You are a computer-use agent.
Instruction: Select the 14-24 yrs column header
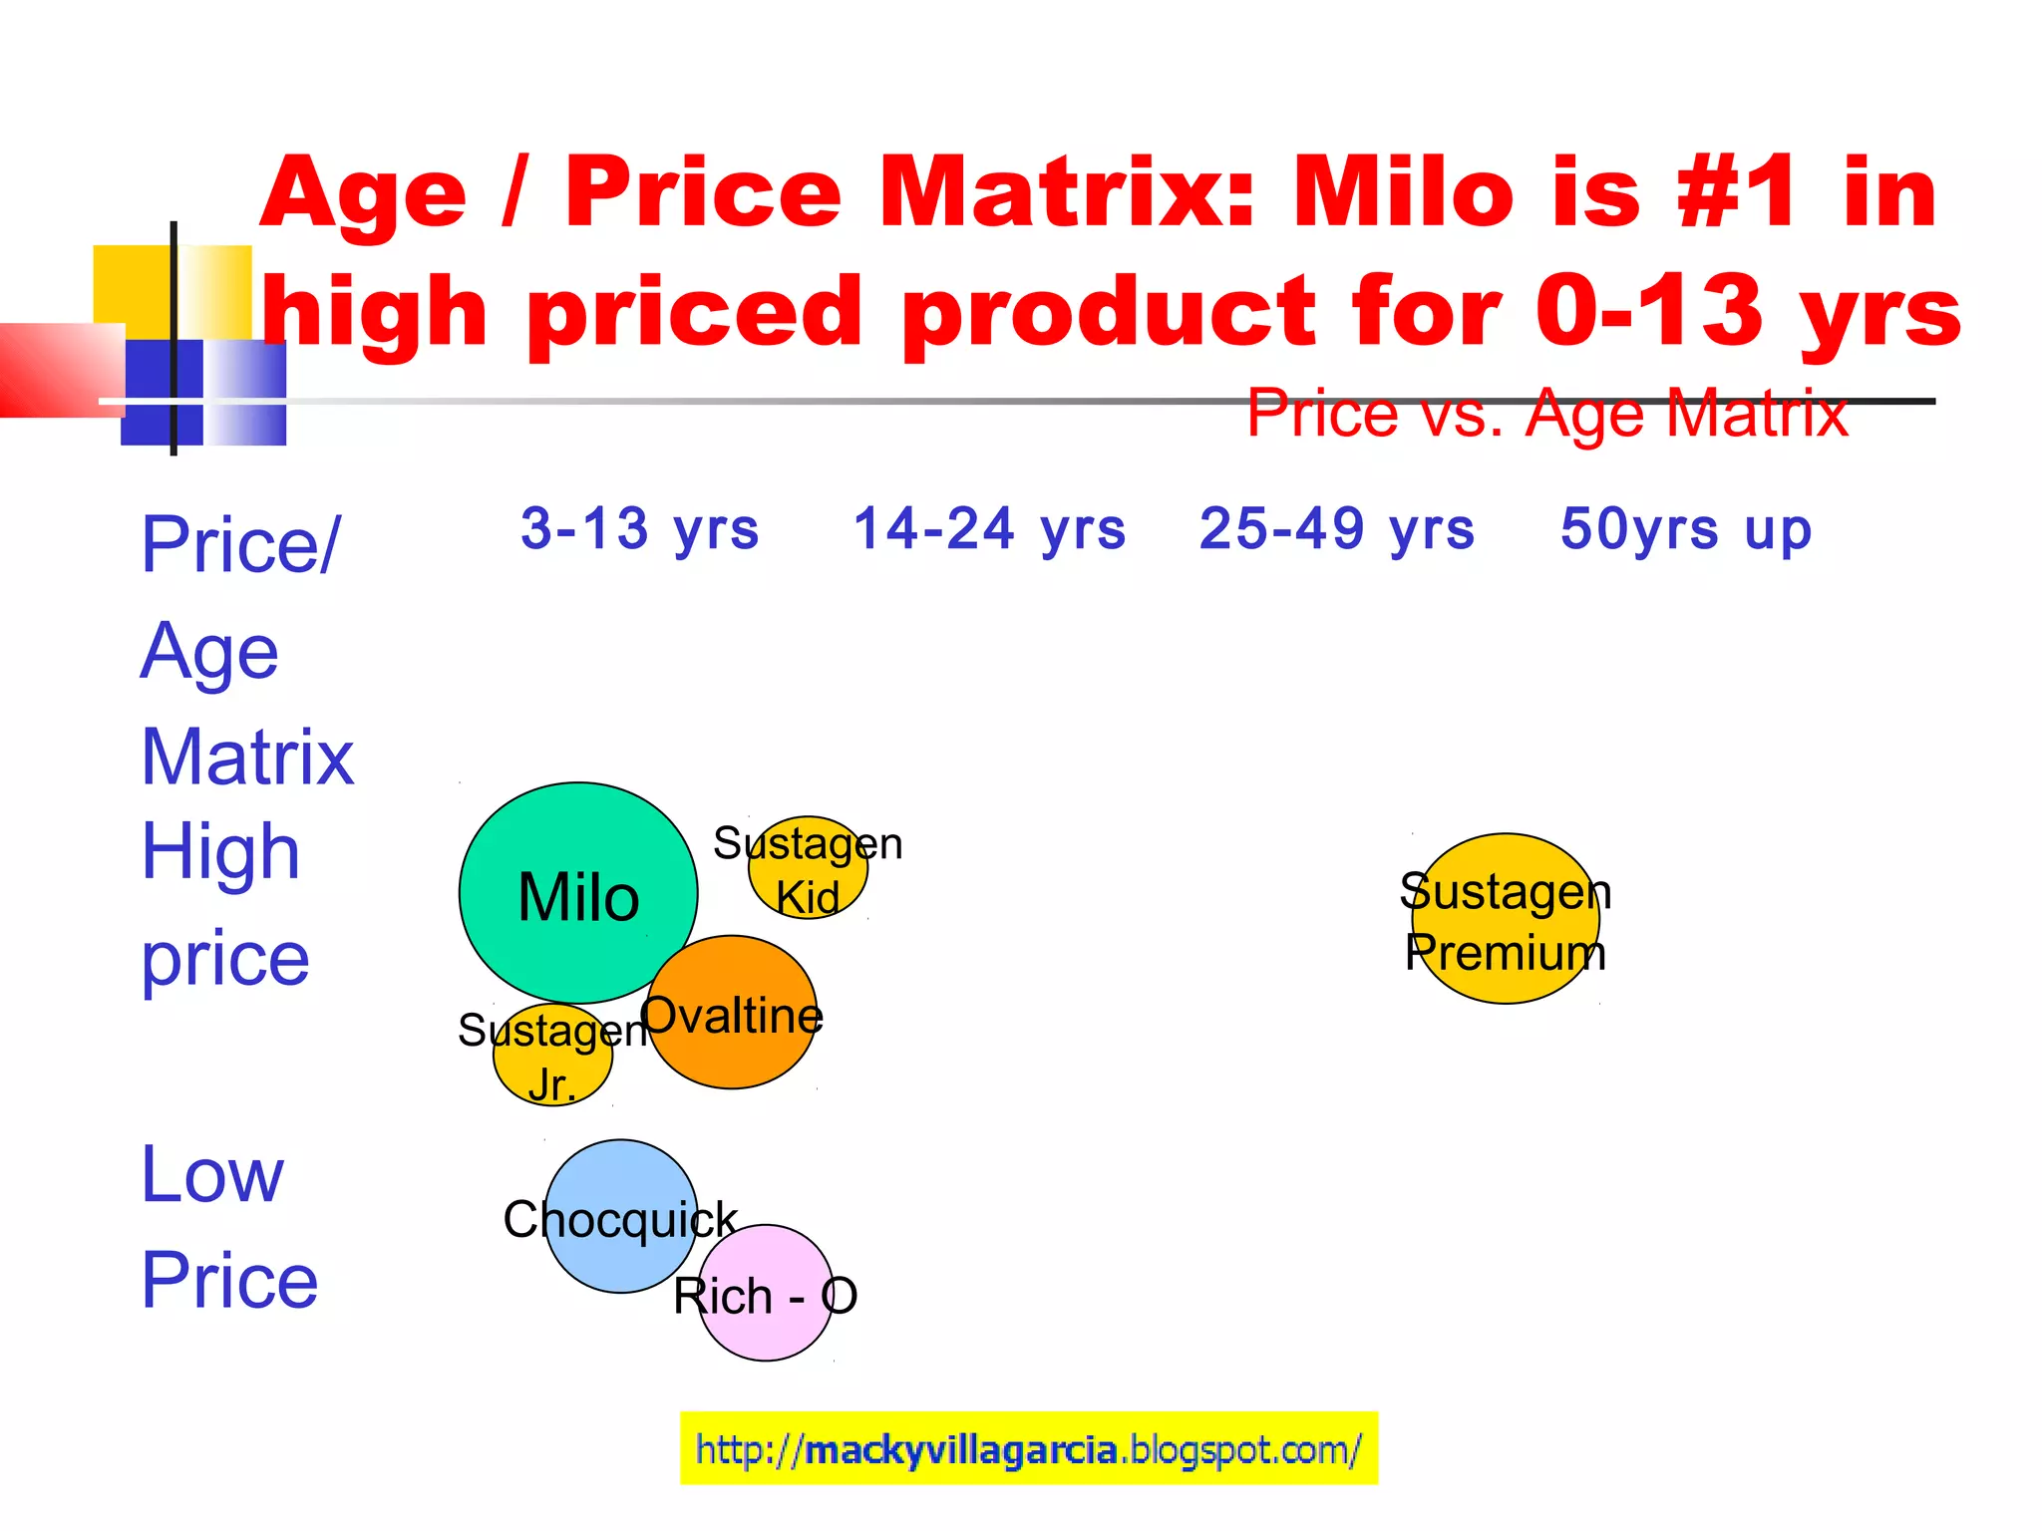[990, 528]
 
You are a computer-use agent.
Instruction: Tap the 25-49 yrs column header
[1337, 528]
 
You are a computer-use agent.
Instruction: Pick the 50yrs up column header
[1686, 529]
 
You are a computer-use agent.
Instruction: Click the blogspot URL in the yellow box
[1028, 1449]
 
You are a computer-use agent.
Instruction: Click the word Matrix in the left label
[247, 757]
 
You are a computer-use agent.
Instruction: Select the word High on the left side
[220, 852]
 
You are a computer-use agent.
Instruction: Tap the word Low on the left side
[212, 1175]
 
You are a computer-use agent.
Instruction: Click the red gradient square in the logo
[60, 369]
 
